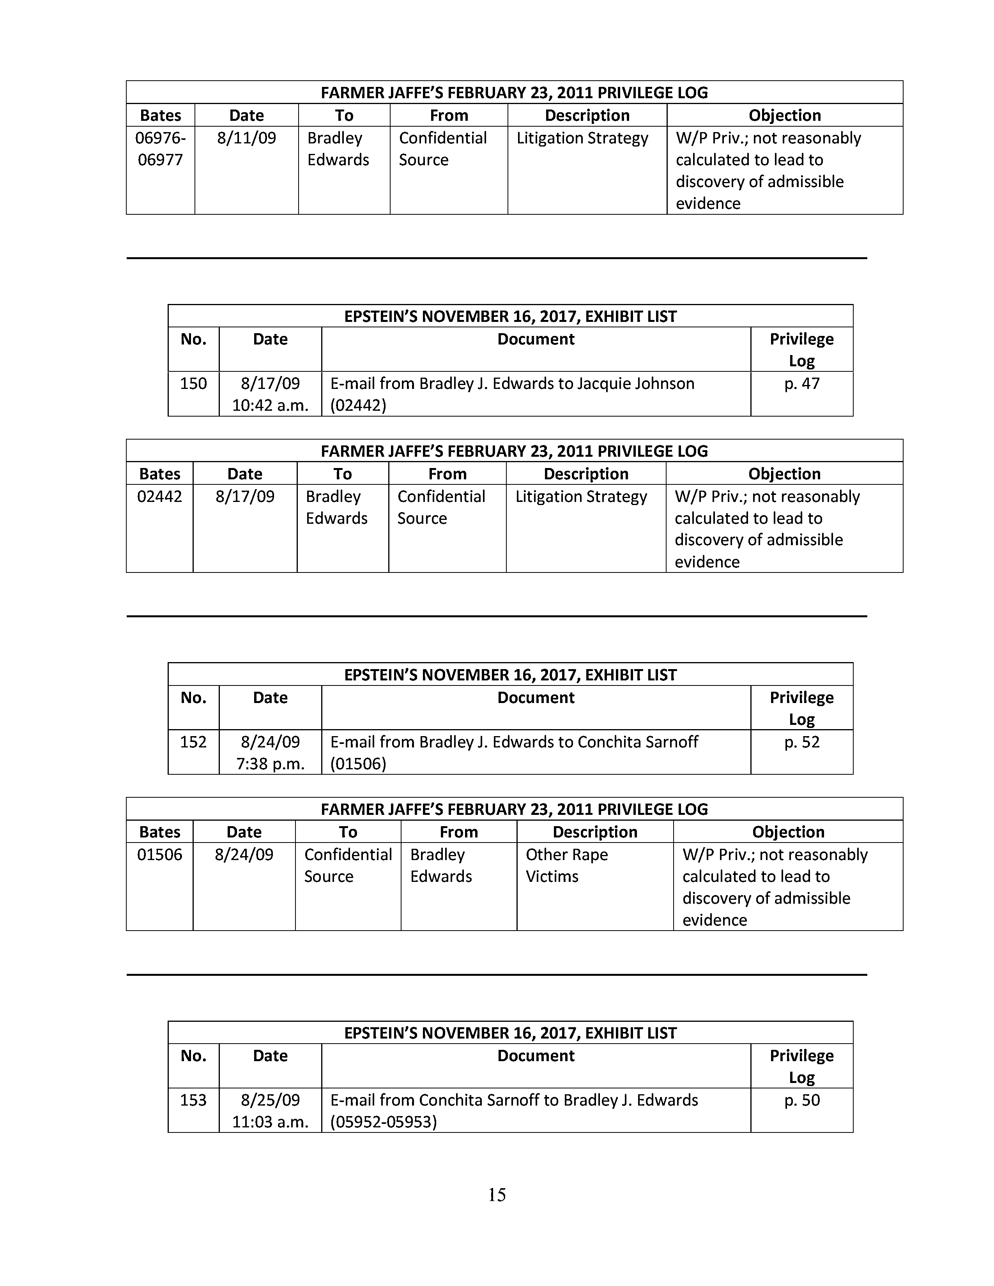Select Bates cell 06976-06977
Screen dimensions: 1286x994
(160, 149)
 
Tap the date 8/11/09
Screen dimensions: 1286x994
(246, 138)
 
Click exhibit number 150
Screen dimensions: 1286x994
(193, 384)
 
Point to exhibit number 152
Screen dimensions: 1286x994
(193, 742)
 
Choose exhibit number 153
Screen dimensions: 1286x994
(193, 1100)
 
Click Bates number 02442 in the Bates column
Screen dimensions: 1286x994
(159, 496)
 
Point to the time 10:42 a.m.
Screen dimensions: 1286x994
(270, 406)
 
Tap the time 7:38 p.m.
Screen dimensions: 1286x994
(270, 764)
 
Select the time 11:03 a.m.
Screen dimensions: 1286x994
(270, 1122)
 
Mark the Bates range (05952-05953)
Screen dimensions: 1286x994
(383, 1122)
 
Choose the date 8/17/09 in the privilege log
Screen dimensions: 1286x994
(245, 496)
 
